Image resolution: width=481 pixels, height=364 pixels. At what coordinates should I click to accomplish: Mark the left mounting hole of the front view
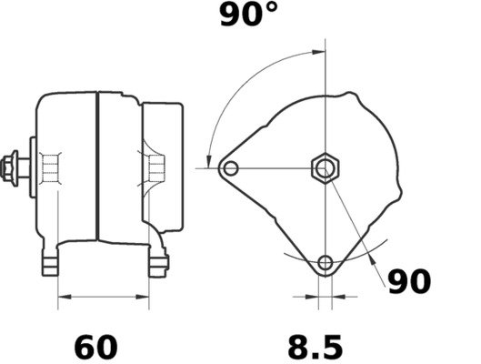[x=230, y=167]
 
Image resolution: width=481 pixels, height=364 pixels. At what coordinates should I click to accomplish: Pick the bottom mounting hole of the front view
[x=325, y=265]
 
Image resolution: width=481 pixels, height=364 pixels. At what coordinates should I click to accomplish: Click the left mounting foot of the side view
[x=53, y=263]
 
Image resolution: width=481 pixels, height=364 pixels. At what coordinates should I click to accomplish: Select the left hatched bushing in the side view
[x=51, y=168]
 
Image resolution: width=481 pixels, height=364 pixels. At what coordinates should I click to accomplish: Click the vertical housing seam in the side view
[x=95, y=164]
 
